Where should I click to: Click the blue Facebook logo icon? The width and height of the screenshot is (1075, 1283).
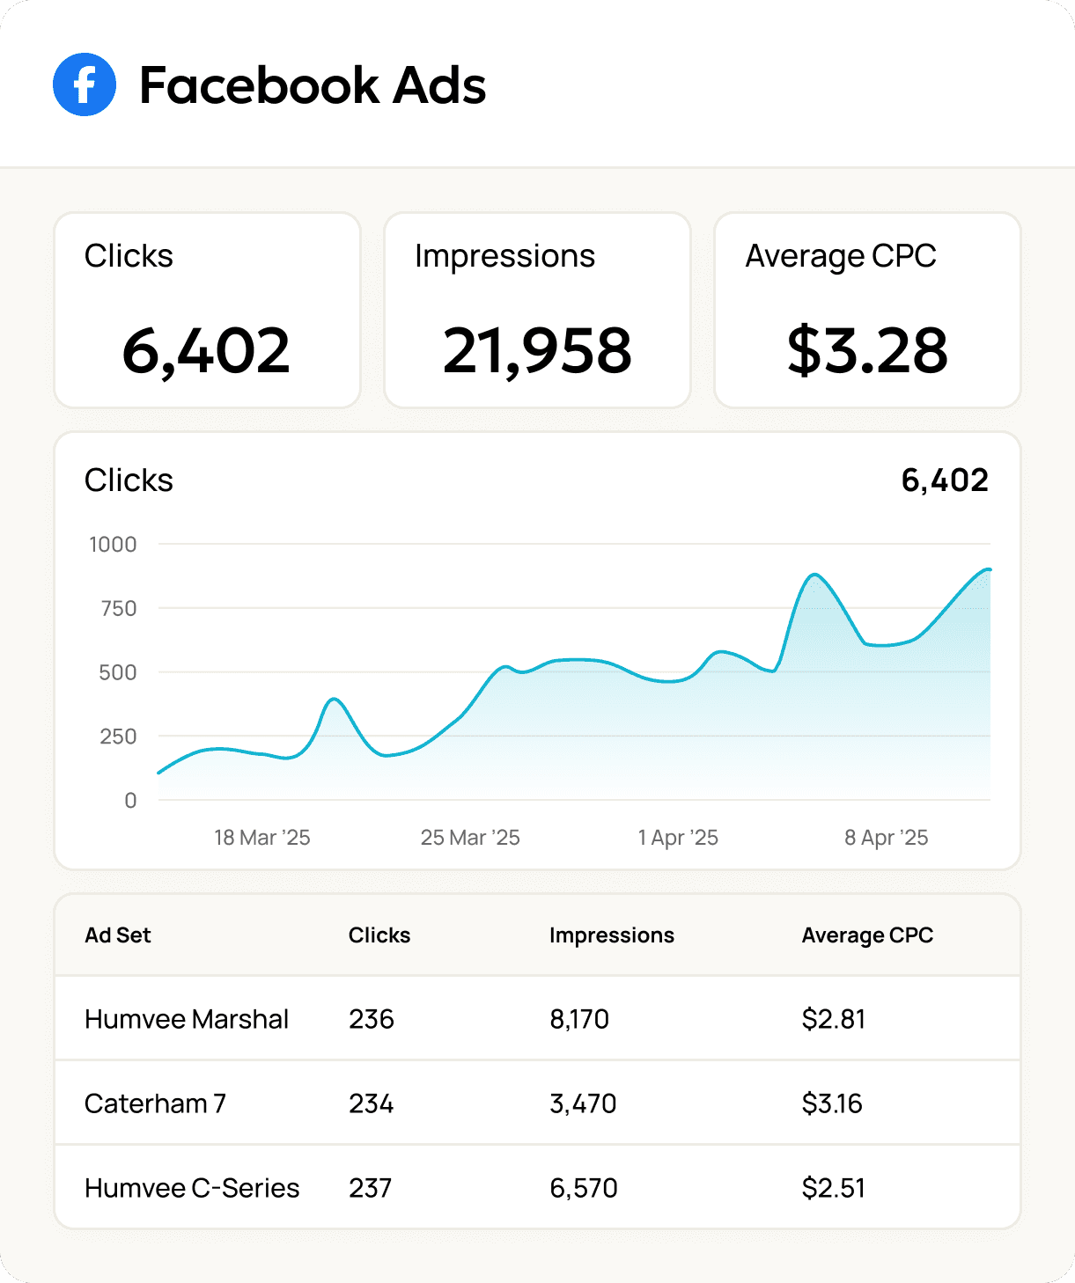tap(85, 84)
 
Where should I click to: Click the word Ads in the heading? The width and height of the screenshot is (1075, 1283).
tap(438, 85)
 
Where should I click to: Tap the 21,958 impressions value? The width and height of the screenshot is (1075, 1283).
tap(537, 350)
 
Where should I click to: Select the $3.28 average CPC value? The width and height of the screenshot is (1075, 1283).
tap(867, 350)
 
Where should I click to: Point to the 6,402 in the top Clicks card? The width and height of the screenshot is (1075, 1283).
tap(206, 350)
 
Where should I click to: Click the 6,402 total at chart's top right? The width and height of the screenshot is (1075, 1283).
tap(945, 480)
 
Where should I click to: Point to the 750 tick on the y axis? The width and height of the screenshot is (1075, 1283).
tap(119, 608)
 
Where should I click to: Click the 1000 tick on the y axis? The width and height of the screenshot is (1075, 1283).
tap(113, 545)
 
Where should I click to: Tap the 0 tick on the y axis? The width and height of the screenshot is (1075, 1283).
tap(130, 801)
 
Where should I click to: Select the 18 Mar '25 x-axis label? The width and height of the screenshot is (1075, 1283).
tap(262, 838)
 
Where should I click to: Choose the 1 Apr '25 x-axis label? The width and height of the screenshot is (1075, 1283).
tap(678, 838)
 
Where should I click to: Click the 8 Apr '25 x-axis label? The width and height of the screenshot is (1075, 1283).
tap(886, 838)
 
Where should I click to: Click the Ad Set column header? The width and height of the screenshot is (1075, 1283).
tap(118, 935)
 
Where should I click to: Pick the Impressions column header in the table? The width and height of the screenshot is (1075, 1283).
tap(612, 935)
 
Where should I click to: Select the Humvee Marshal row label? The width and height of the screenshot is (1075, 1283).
tap(187, 1019)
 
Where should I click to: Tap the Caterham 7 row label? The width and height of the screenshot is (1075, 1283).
tap(155, 1103)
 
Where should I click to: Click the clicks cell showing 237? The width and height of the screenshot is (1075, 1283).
tap(371, 1188)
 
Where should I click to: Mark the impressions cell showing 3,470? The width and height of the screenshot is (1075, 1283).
tap(583, 1103)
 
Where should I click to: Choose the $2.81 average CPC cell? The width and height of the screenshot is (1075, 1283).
tap(834, 1019)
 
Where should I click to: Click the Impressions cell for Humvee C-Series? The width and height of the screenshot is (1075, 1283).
tap(584, 1188)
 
